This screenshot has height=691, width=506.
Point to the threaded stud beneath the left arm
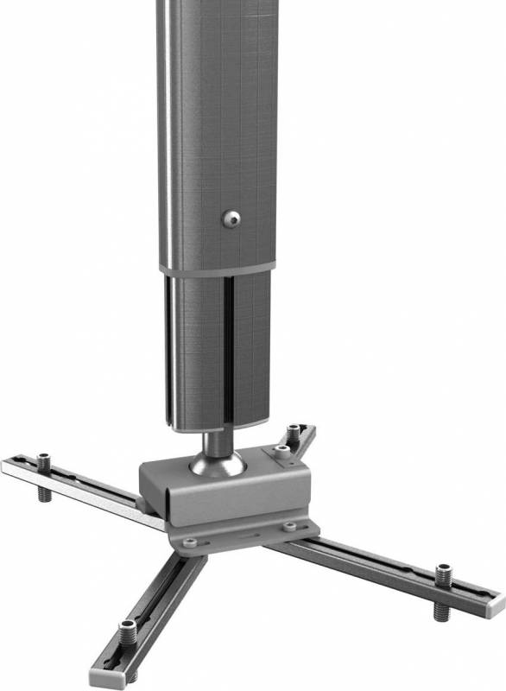point(41,496)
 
